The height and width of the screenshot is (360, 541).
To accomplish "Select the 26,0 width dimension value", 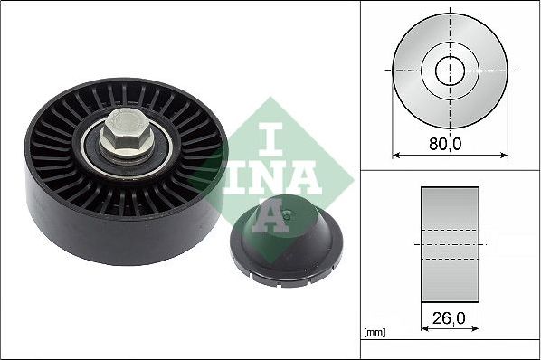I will pos(449,319).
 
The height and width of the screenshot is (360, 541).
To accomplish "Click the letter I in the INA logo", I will pos(270,136).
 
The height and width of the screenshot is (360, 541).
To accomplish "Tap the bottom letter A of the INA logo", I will pos(270,215).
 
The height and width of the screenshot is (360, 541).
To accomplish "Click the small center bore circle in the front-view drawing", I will pos(450,70).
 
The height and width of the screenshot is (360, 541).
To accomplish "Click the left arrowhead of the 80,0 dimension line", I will pos(395,154).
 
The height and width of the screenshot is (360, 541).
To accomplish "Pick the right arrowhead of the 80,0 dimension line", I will pos(503,154).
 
